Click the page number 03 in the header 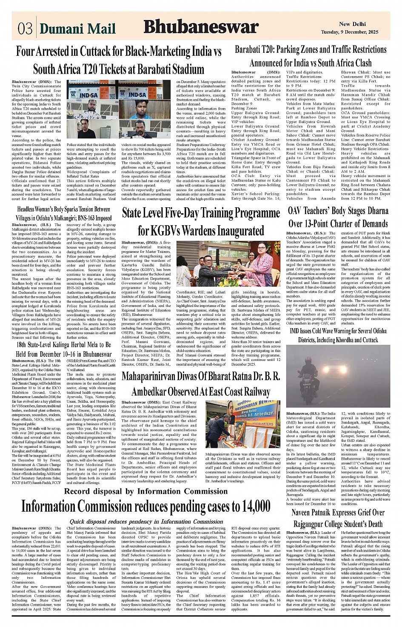click(25, 28)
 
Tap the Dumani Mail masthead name click(77, 29)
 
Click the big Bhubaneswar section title click(201, 27)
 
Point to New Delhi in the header click(350, 24)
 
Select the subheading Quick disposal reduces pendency click(146, 521)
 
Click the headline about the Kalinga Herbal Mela click(64, 349)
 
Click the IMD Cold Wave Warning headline click(338, 335)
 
